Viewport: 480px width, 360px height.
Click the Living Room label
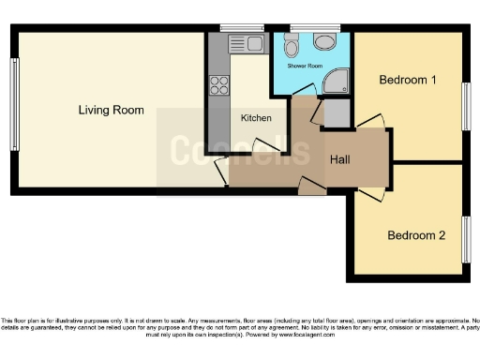pos(111,111)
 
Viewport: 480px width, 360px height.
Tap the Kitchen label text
pos(256,118)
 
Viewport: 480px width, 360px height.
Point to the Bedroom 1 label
pos(407,81)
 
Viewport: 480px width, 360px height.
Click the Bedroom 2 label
pos(416,235)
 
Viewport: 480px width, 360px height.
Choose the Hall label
pos(339,159)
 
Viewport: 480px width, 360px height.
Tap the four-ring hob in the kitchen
pos(220,85)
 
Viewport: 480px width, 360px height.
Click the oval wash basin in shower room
pos(325,42)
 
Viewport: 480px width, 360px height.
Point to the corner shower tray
pos(336,85)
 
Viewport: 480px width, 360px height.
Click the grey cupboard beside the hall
pos(337,113)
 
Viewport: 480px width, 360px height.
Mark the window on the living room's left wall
pos(14,105)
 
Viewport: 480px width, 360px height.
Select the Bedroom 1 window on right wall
pos(466,105)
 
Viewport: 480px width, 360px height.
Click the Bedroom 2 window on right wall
pos(466,238)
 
